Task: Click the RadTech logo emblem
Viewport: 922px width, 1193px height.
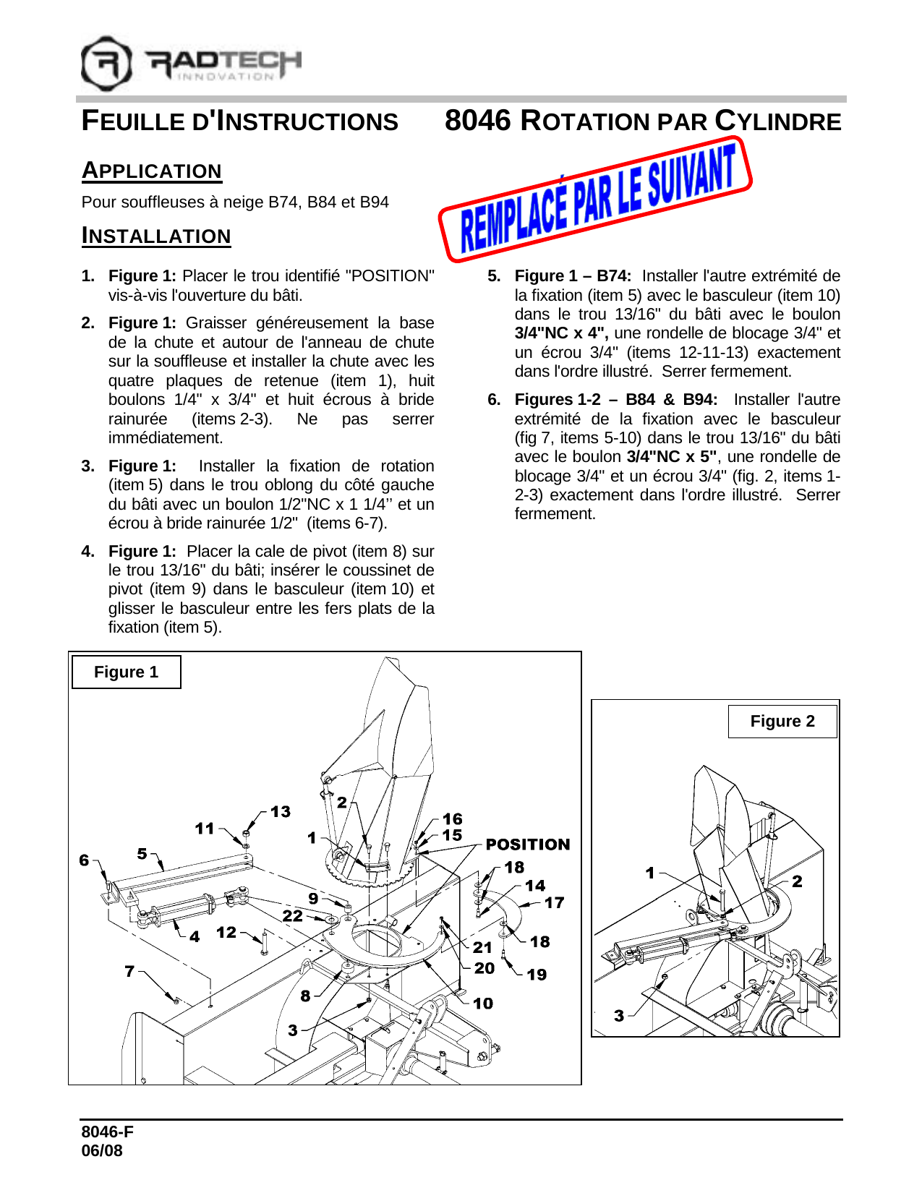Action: pyautogui.click(x=106, y=64)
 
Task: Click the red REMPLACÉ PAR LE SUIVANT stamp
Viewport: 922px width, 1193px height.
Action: pyautogui.click(x=595, y=198)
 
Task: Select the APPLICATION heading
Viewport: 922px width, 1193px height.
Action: pyautogui.click(x=152, y=171)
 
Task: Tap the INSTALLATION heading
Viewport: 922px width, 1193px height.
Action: pyautogui.click(x=156, y=236)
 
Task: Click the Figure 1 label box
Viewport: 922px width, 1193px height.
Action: pyautogui.click(x=126, y=672)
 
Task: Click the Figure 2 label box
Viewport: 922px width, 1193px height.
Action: pyautogui.click(x=782, y=722)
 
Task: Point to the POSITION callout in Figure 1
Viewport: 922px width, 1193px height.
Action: pyautogui.click(x=527, y=844)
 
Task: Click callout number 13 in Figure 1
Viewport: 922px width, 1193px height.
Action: pyautogui.click(x=281, y=812)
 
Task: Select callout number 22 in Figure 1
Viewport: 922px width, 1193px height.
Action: pyautogui.click(x=292, y=916)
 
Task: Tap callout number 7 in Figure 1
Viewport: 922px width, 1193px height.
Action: pyautogui.click(x=129, y=971)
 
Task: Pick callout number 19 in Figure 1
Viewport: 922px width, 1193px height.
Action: pyautogui.click(x=537, y=975)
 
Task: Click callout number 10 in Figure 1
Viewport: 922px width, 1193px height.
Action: pyautogui.click(x=483, y=1004)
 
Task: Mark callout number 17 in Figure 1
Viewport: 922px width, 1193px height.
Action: pyautogui.click(x=554, y=902)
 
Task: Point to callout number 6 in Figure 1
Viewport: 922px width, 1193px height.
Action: pyautogui.click(x=85, y=860)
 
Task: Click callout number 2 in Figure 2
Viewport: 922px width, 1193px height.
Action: pyautogui.click(x=797, y=881)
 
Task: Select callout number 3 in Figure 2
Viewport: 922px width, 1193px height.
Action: pyautogui.click(x=619, y=1016)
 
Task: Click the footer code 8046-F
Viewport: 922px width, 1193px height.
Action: pyautogui.click(x=107, y=1132)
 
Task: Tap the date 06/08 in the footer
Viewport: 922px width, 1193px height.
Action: pyautogui.click(x=102, y=1151)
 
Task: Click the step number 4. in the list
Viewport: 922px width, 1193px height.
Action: pyautogui.click(x=88, y=552)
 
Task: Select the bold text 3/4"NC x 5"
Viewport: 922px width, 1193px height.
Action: pyautogui.click(x=672, y=457)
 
